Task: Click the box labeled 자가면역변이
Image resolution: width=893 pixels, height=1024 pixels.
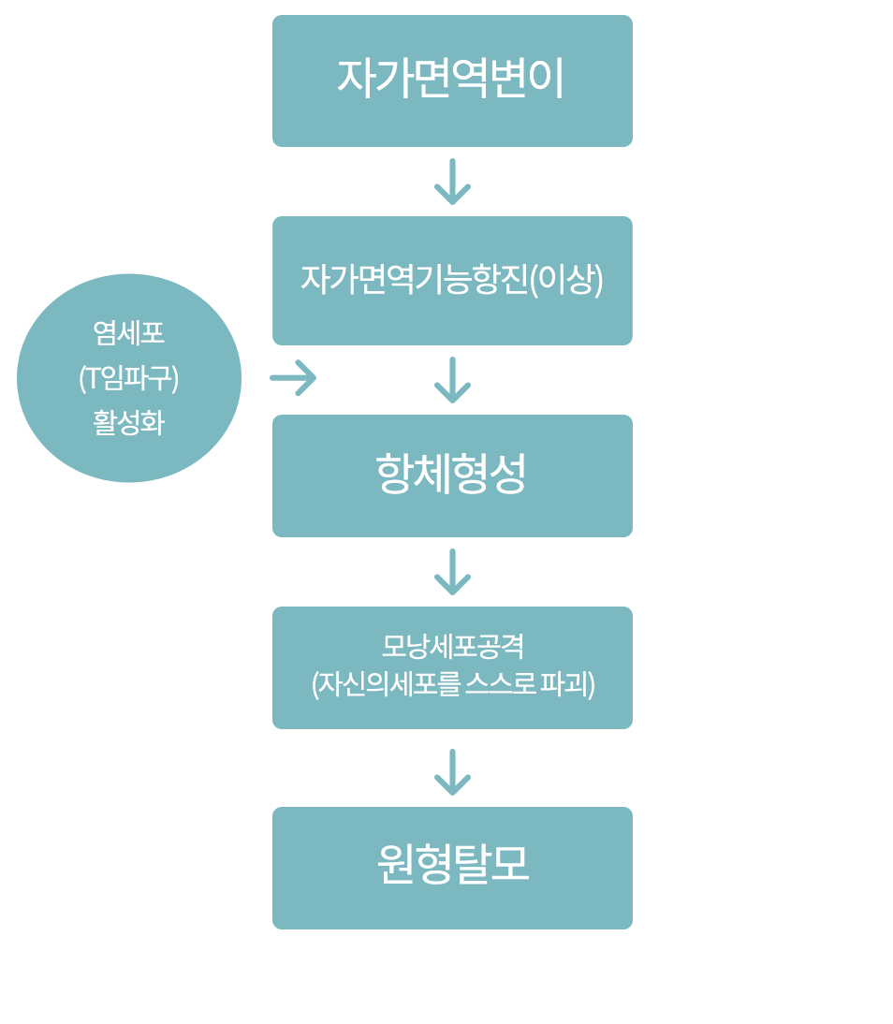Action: [x=452, y=80]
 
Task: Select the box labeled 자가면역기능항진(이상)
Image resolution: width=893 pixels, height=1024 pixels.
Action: [x=452, y=281]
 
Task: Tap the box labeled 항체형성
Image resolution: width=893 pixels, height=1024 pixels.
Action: [x=452, y=475]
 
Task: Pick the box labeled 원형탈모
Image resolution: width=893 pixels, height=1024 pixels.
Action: [x=452, y=868]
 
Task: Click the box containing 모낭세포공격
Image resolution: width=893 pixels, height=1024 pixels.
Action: [x=452, y=667]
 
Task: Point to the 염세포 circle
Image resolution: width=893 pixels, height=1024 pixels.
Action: [x=129, y=378]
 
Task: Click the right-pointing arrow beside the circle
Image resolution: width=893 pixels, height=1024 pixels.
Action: [x=294, y=378]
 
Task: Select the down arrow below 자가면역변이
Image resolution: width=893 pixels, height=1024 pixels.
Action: [x=452, y=182]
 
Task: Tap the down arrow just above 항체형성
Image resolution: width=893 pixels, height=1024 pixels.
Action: [x=452, y=380]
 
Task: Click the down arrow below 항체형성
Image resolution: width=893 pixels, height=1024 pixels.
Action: [x=452, y=572]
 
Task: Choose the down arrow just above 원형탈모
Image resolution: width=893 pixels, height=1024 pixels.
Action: [x=452, y=772]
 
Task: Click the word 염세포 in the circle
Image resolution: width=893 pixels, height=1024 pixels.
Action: [x=129, y=333]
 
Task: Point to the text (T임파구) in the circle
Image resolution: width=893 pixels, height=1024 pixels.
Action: [x=129, y=378]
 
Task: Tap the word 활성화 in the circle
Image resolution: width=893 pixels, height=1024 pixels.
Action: [x=129, y=423]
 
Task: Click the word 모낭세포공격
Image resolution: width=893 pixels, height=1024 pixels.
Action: [x=452, y=647]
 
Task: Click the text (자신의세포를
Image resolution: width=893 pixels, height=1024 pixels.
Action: [x=386, y=684]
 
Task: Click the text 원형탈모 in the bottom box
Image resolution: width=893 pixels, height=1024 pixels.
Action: [x=452, y=864]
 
